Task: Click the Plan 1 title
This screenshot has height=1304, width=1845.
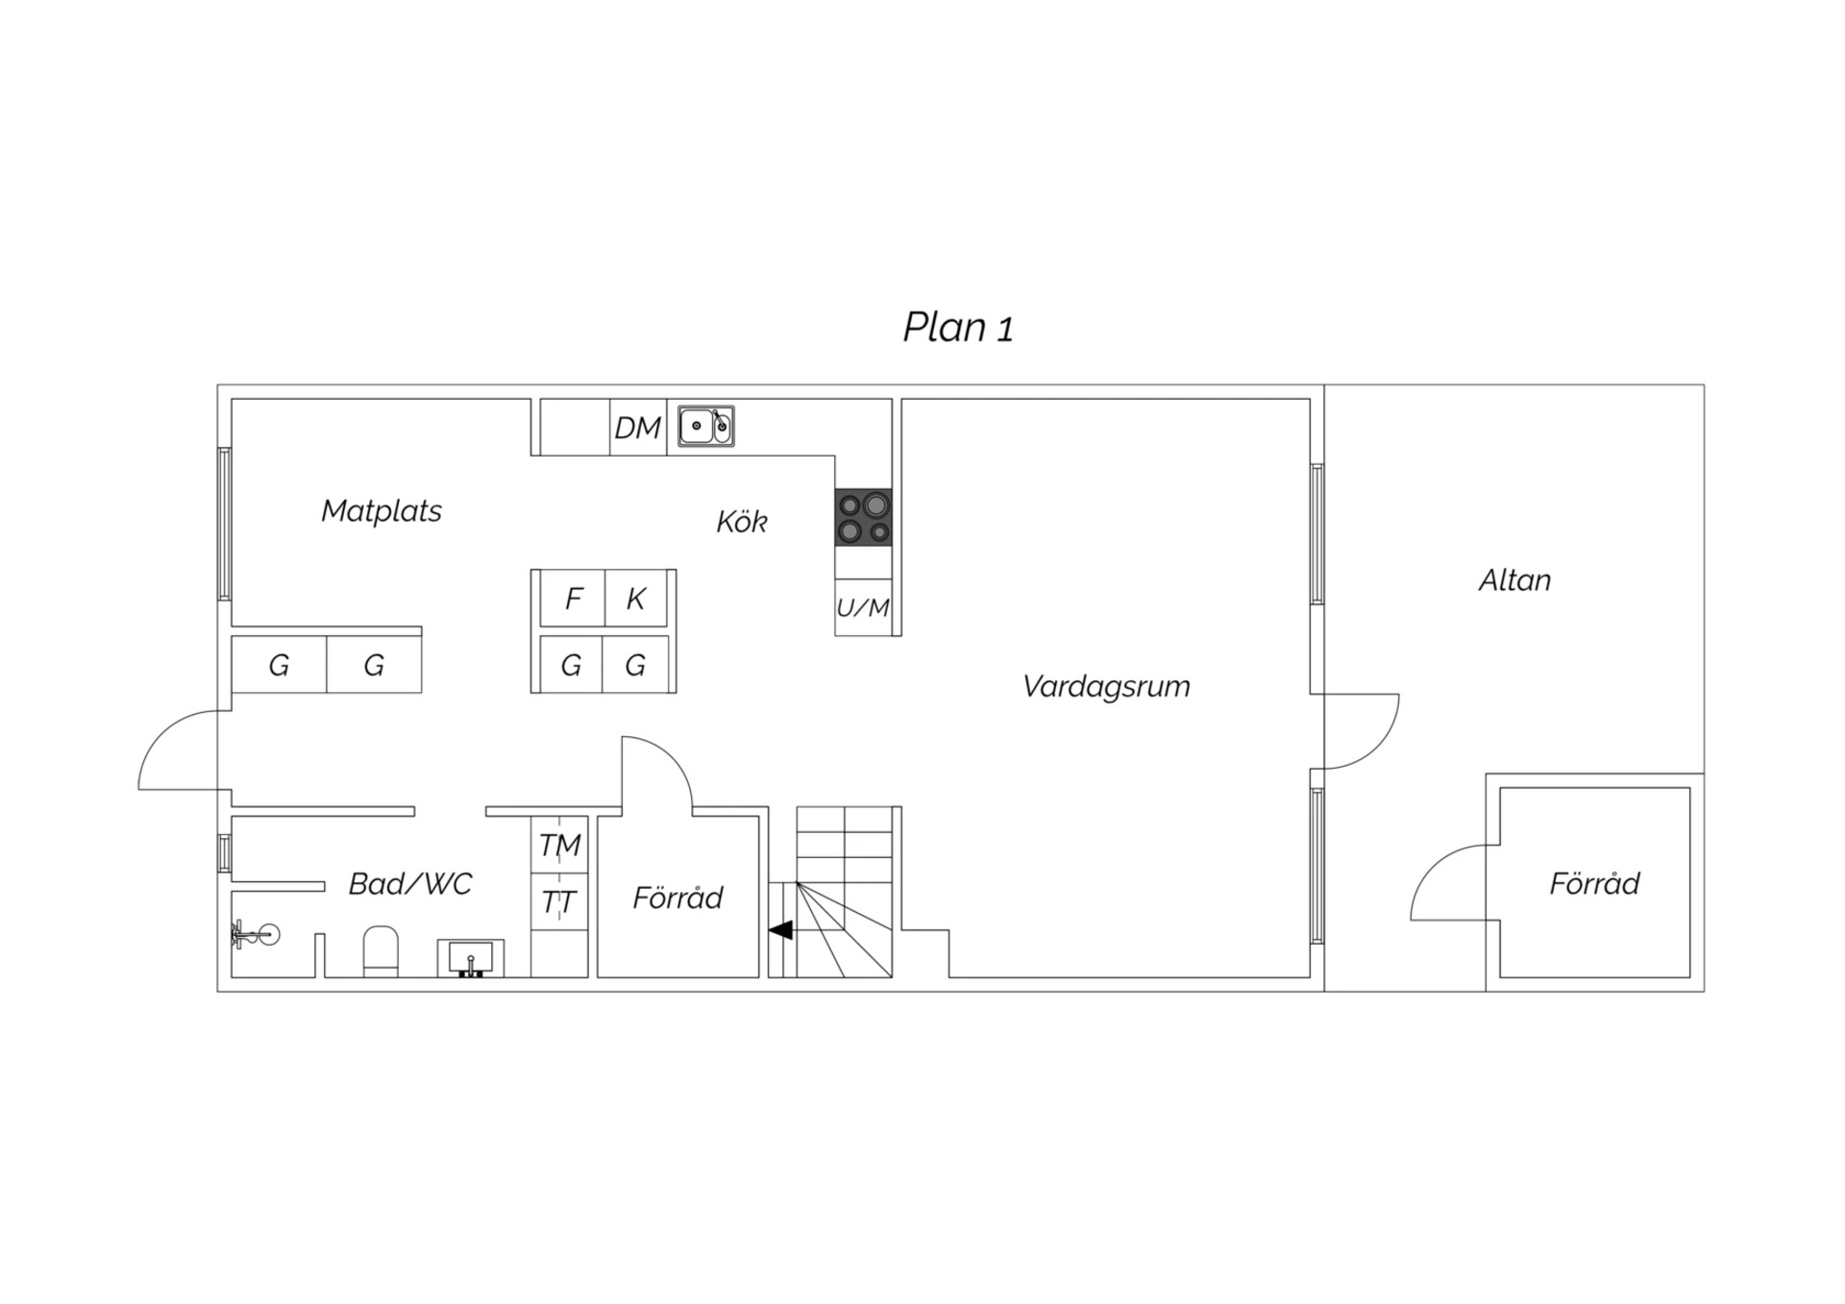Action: [958, 328]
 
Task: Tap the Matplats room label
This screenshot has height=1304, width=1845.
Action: [381, 510]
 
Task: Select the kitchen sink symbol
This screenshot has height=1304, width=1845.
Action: [706, 426]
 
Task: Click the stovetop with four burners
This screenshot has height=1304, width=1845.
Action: [863, 517]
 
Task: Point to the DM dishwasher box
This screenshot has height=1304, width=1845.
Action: [639, 427]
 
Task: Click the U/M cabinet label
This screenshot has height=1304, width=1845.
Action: [863, 607]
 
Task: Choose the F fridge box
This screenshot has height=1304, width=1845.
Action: [573, 598]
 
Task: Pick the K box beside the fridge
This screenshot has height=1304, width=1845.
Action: [636, 598]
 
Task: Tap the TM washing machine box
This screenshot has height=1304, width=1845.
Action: [559, 845]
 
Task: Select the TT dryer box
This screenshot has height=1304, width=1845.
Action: [559, 901]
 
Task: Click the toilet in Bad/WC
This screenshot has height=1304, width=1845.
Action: [381, 951]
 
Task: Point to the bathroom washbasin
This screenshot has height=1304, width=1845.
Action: [471, 958]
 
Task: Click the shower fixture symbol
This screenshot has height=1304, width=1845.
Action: [256, 933]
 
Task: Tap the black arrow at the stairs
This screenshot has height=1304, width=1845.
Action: [780, 929]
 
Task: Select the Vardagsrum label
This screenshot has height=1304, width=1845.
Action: [1106, 686]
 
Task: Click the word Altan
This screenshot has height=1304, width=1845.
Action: [1514, 580]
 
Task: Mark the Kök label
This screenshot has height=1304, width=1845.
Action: [742, 521]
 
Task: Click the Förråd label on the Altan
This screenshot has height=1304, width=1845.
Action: [1594, 883]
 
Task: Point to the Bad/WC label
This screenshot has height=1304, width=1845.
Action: [410, 883]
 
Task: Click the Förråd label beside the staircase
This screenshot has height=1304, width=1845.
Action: [677, 898]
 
